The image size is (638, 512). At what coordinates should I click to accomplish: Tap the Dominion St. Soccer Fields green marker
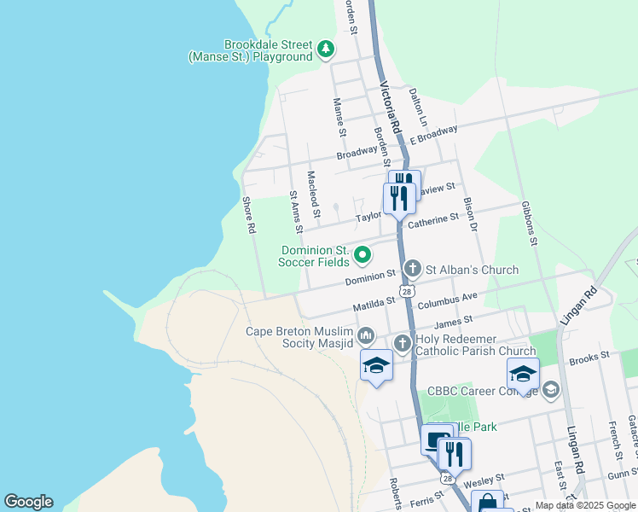pyautogui.click(x=362, y=254)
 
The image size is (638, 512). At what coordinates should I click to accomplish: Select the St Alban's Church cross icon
pyautogui.click(x=412, y=270)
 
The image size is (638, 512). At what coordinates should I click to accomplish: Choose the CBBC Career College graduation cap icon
pyautogui.click(x=550, y=391)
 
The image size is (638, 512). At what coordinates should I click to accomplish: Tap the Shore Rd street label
pyautogui.click(x=249, y=217)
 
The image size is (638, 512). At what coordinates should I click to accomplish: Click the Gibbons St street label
pyautogui.click(x=530, y=224)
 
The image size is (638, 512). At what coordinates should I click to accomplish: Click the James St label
pyautogui.click(x=453, y=323)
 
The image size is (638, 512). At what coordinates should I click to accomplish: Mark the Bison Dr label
pyautogui.click(x=469, y=215)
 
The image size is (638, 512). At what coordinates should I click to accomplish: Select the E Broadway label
pyautogui.click(x=433, y=135)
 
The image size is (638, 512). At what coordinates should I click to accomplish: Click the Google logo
pyautogui.click(x=28, y=502)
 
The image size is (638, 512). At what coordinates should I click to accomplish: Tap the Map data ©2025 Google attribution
pyautogui.click(x=584, y=505)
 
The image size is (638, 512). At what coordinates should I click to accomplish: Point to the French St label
pyautogui.click(x=613, y=435)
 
